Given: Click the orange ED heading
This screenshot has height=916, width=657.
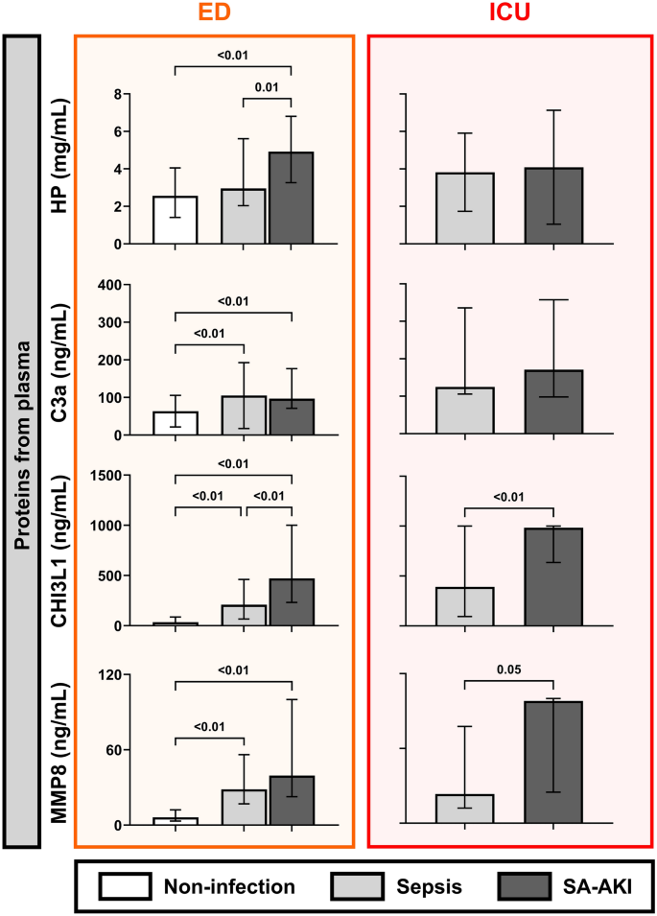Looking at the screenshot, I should [214, 15].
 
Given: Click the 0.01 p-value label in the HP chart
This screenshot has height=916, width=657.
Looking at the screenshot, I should [267, 87].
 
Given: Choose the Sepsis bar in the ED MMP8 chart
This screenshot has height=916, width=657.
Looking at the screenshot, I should [245, 807].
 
